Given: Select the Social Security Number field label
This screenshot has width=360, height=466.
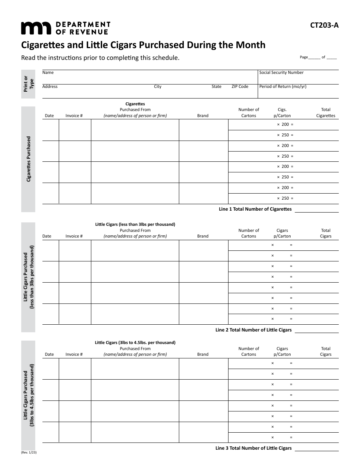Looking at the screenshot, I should pyautogui.click(x=281, y=73).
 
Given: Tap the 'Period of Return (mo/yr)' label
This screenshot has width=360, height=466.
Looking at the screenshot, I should pyautogui.click(x=283, y=87).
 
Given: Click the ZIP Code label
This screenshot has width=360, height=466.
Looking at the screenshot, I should pyautogui.click(x=240, y=87).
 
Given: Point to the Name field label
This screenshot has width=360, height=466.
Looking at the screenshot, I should pyautogui.click(x=48, y=73).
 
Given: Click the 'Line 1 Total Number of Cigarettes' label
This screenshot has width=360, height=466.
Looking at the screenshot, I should pyautogui.click(x=255, y=209).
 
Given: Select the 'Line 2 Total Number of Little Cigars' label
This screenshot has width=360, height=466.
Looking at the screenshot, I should pyautogui.click(x=254, y=330).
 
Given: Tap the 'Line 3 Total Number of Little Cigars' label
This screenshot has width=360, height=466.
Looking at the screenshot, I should pyautogui.click(x=254, y=448).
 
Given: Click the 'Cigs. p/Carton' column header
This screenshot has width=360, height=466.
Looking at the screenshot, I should pyautogui.click(x=282, y=113).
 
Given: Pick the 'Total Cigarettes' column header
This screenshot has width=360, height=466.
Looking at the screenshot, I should pyautogui.click(x=326, y=113).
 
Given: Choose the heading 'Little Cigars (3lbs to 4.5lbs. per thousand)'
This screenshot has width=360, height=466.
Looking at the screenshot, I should pyautogui.click(x=135, y=342).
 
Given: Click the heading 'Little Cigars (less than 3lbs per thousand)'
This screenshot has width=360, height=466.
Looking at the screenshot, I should pyautogui.click(x=135, y=224).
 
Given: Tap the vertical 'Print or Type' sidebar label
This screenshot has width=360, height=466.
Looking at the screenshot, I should pyautogui.click(x=28, y=84).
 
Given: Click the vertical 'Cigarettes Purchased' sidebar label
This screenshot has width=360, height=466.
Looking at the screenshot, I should pyautogui.click(x=28, y=159).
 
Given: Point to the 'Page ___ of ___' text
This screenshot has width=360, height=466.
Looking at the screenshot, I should pyautogui.click(x=318, y=57).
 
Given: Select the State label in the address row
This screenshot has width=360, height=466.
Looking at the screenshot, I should pyautogui.click(x=216, y=87).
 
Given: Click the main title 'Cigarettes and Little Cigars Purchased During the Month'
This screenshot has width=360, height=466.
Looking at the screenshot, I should pyautogui.click(x=143, y=45).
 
